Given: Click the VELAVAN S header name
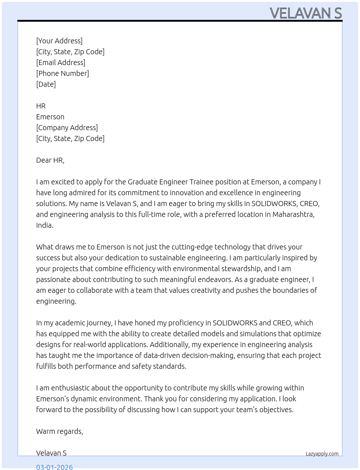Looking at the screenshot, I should [306, 13].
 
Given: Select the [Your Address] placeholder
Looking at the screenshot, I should [59, 41].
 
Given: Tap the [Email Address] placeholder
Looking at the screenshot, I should [61, 63].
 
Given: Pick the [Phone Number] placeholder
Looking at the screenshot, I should [63, 73].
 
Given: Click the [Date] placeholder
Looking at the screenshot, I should [46, 84].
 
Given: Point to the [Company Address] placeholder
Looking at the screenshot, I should [67, 128].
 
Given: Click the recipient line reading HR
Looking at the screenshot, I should [41, 106].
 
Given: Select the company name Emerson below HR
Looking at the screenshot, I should [50, 117].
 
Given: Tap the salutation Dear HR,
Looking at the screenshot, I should [50, 160].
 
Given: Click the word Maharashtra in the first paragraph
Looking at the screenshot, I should [293, 214].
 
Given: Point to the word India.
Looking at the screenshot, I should [44, 225].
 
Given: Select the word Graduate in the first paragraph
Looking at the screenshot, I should [142, 182].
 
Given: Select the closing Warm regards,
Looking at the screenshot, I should [60, 431].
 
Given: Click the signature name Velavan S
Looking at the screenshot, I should [51, 453].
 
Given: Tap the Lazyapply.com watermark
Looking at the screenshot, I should [322, 454].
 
